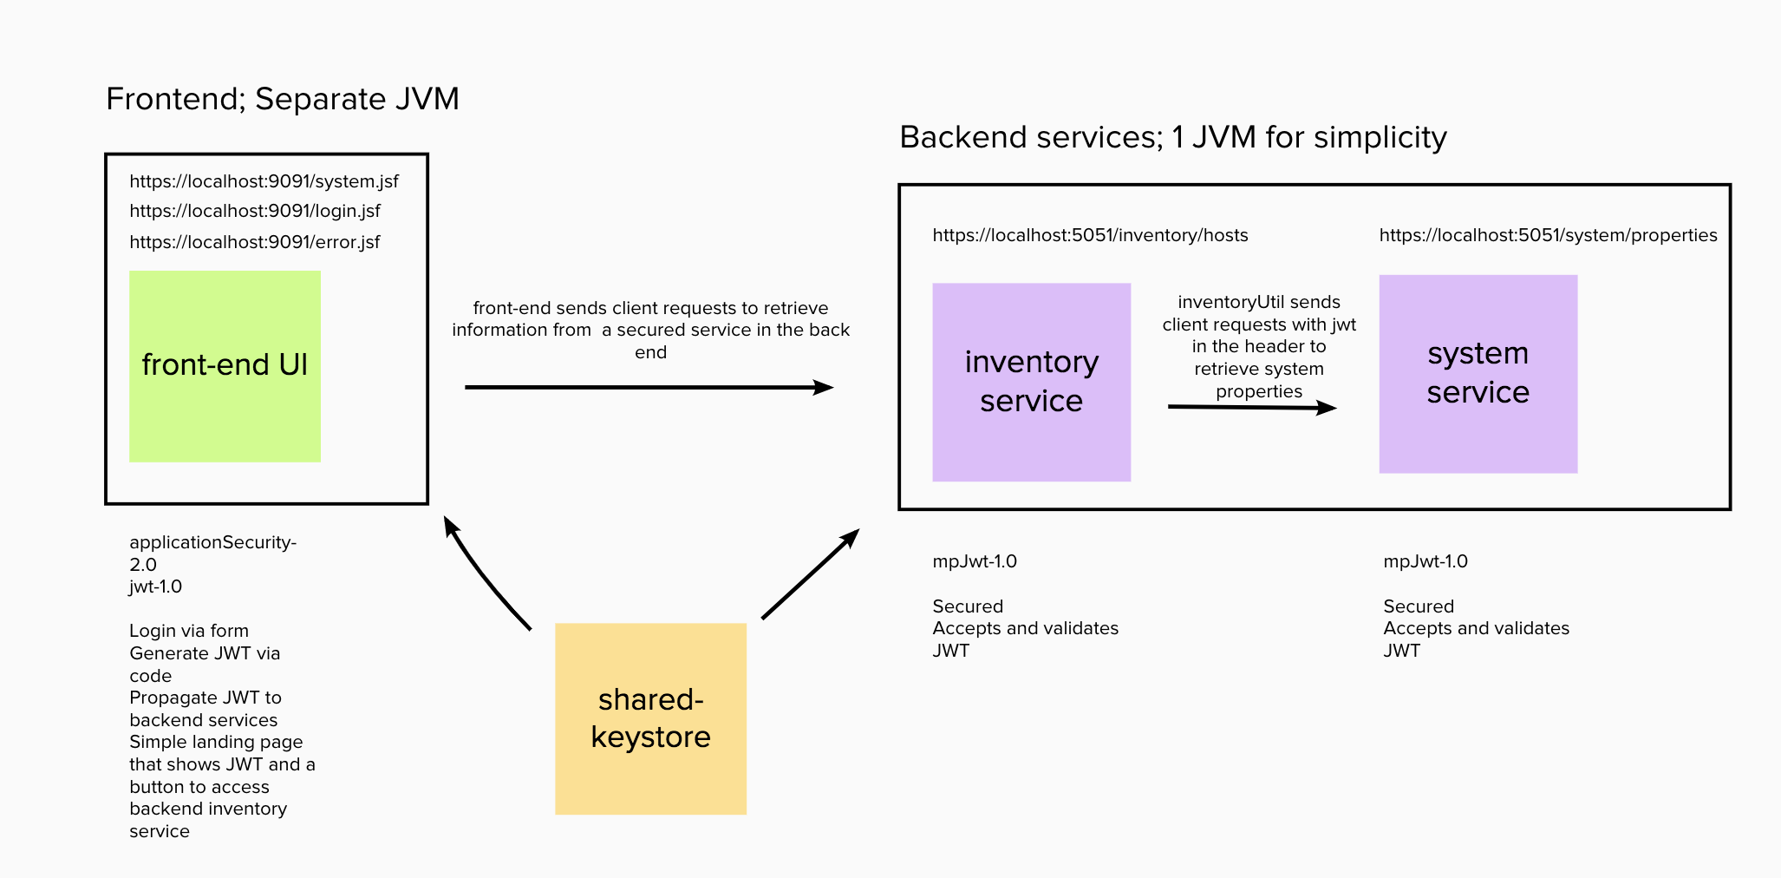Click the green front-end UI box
(225, 366)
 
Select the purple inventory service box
(1031, 382)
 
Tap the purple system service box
(1478, 374)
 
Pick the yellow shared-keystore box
(650, 718)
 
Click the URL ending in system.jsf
(264, 181)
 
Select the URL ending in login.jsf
(255, 211)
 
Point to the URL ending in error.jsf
(255, 242)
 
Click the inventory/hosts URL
(1090, 235)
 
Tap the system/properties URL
(1548, 235)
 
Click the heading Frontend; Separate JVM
(283, 99)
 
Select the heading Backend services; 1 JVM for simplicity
(1172, 137)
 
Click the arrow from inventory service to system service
(1252, 407)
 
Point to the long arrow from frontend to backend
(649, 387)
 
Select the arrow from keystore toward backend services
(809, 574)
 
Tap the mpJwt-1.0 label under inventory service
(975, 561)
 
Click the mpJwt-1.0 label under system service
(1425, 561)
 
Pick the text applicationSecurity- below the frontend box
(212, 542)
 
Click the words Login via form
(189, 631)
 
